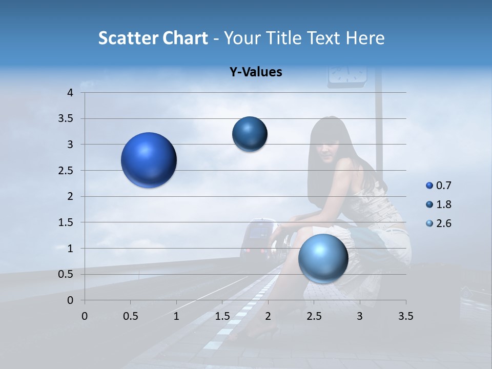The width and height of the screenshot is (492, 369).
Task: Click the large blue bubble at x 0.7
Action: click(149, 160)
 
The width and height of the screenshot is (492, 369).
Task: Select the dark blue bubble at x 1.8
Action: click(250, 134)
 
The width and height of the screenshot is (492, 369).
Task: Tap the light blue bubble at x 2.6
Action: click(323, 258)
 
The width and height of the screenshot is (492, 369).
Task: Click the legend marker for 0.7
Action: click(429, 186)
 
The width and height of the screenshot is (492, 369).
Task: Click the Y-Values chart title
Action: click(256, 72)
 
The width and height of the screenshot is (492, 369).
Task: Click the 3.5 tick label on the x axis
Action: click(405, 316)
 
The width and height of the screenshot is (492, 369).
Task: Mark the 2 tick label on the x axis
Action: click(268, 316)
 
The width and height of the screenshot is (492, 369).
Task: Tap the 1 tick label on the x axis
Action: click(176, 316)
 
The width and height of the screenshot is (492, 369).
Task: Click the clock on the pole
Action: click(347, 73)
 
